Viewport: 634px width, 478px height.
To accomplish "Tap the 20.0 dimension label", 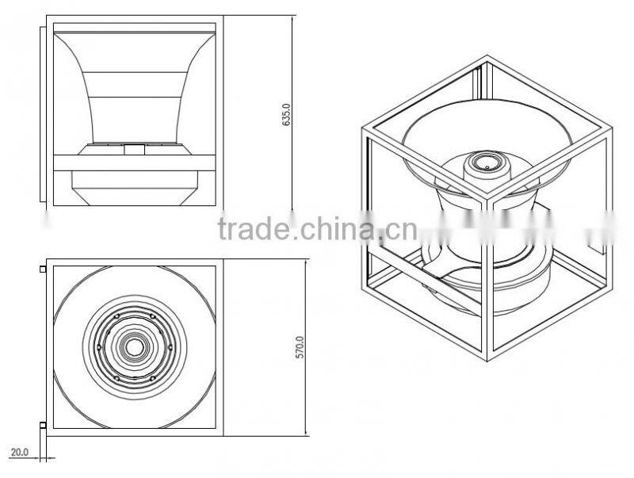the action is (18, 453).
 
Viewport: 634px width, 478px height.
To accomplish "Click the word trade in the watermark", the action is (254, 230).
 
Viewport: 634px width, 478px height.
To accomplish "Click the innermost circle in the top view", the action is (135, 347).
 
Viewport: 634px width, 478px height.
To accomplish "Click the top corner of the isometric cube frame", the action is (486, 56).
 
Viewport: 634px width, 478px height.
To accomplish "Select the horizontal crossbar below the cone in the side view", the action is (134, 165).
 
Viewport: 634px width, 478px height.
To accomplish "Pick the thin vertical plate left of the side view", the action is (41, 116).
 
